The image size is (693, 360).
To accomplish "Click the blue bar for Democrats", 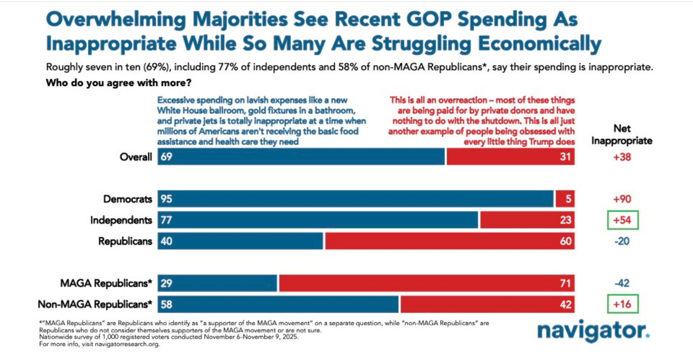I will [x=356, y=199].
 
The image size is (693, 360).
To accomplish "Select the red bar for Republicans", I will [x=449, y=241].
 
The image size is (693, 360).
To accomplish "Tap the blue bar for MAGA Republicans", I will [x=218, y=283].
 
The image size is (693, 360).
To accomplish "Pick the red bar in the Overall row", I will [x=510, y=157].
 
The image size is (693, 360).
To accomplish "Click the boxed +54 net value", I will [x=622, y=220].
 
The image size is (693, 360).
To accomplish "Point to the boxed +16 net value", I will [x=622, y=304].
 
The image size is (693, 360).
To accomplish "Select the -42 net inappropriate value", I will [x=622, y=283].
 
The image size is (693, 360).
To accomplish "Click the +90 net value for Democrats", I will [x=622, y=199].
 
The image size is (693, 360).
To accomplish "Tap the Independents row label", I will [x=121, y=220].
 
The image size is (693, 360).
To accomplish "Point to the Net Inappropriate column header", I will [x=622, y=135].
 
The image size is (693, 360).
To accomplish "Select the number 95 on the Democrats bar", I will [x=167, y=199].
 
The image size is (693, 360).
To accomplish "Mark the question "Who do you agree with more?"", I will [x=119, y=83].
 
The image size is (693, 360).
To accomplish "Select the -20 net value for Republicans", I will [x=622, y=241].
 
